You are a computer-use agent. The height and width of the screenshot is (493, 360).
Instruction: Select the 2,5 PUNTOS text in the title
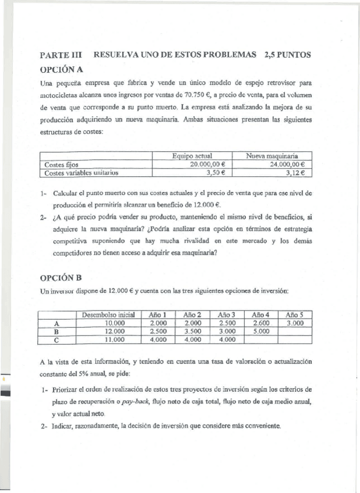pyautogui.click(x=287, y=55)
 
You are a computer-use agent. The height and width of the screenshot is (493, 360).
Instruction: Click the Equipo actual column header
pyautogui.click(x=192, y=156)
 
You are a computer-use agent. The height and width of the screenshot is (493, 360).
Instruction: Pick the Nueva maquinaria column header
pyautogui.click(x=272, y=156)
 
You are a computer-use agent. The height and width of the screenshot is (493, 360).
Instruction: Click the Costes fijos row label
pyautogui.click(x=62, y=165)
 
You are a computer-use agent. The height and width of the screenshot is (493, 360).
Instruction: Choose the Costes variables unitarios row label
pyautogui.click(x=81, y=173)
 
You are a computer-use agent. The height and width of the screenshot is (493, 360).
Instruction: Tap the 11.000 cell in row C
pyautogui.click(x=108, y=340)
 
